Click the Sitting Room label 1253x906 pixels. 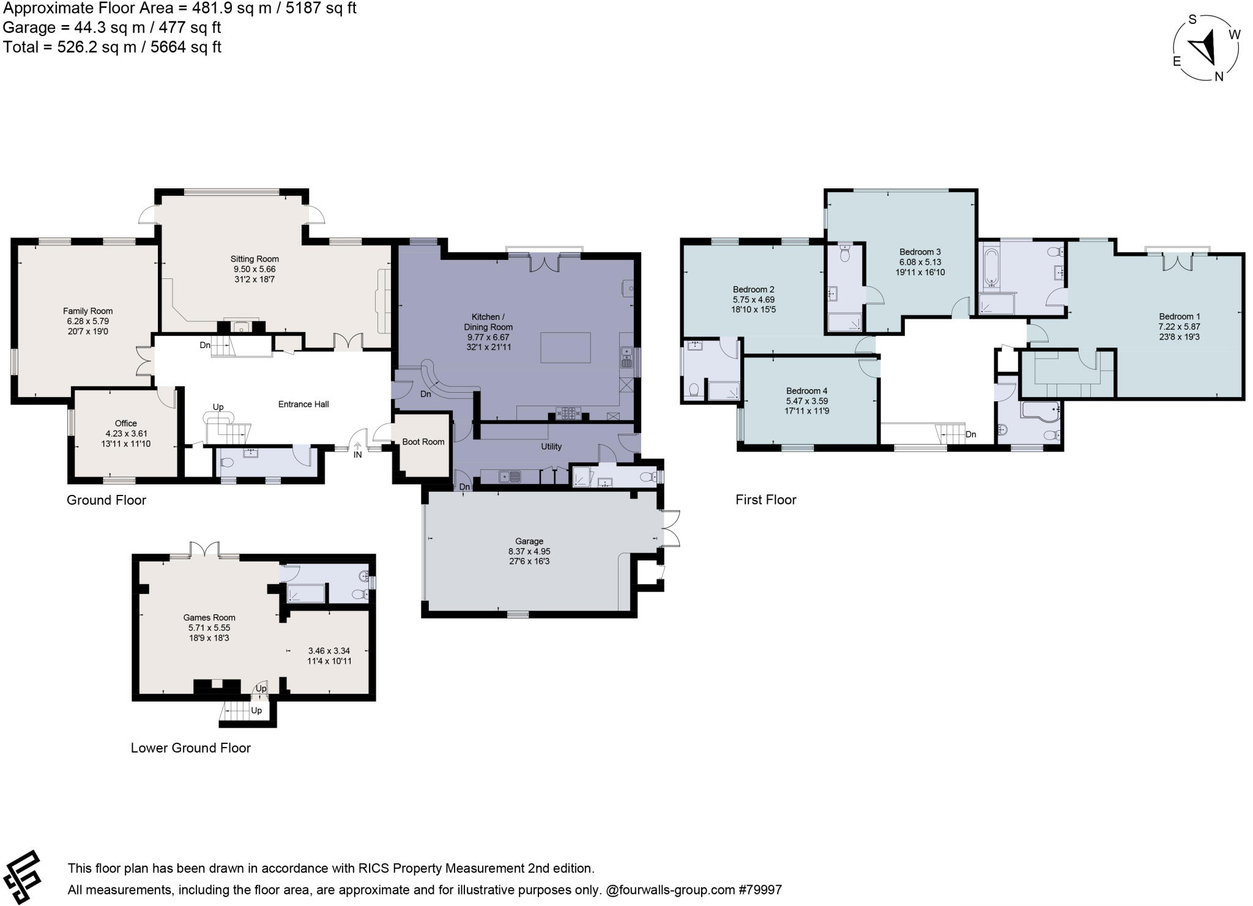(x=255, y=259)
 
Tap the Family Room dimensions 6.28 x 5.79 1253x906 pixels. (x=88, y=321)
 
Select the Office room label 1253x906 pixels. (x=126, y=423)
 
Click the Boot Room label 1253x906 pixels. (x=423, y=442)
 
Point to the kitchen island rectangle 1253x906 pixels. (x=565, y=347)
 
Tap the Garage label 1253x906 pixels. (x=529, y=541)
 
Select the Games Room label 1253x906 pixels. (x=209, y=617)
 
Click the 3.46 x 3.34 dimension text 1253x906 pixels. (x=329, y=651)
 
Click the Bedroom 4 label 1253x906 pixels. (x=807, y=391)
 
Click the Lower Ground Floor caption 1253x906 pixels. (x=191, y=748)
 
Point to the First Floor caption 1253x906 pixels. (x=766, y=500)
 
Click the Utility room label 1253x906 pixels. (x=551, y=447)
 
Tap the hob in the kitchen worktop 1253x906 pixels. (x=569, y=413)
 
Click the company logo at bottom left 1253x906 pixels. (x=23, y=877)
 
